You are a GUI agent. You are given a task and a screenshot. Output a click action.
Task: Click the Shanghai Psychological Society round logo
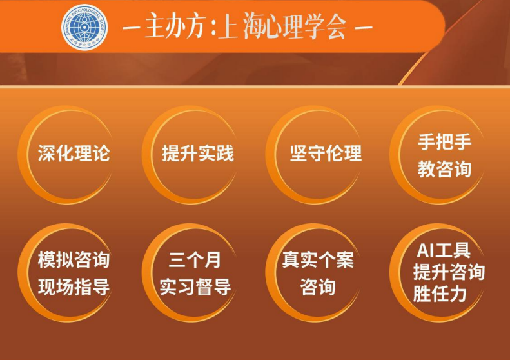(84, 26)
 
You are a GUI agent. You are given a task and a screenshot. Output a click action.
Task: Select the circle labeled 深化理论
(74, 154)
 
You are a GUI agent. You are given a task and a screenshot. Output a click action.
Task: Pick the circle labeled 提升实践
(197, 154)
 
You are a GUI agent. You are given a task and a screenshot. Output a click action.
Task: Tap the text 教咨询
(444, 169)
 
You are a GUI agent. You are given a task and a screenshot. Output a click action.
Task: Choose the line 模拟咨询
(74, 260)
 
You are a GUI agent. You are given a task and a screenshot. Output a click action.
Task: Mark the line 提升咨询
(449, 272)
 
